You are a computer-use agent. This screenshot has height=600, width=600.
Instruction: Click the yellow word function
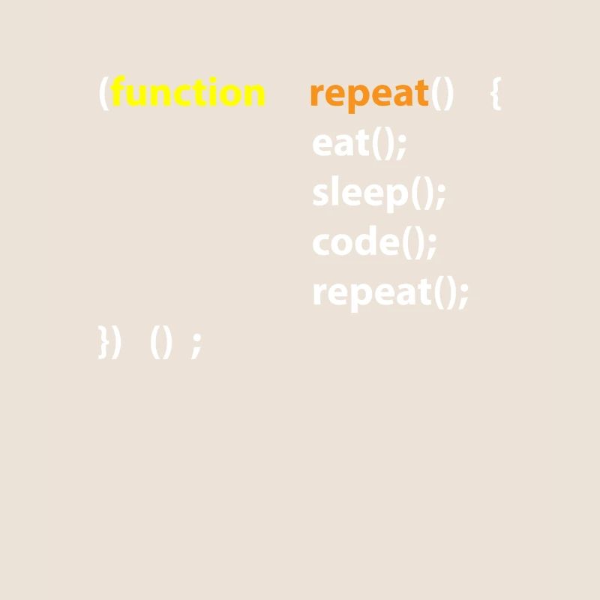point(188,94)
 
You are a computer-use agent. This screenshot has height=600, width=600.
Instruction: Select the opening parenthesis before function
point(104,94)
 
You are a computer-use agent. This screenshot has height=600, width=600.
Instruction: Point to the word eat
point(341,143)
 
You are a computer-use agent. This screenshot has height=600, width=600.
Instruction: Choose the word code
point(354,242)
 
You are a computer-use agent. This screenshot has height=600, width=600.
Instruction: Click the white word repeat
point(372,292)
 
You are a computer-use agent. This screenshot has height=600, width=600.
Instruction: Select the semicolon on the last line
point(196,344)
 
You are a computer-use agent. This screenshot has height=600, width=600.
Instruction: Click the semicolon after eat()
point(401,144)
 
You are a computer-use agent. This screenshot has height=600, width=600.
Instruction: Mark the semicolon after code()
point(430,243)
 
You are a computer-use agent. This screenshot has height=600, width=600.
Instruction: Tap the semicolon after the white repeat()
point(463,292)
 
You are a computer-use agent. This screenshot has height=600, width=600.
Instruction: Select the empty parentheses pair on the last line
point(161,343)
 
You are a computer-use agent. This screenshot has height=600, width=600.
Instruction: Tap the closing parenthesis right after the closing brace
point(115,343)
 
